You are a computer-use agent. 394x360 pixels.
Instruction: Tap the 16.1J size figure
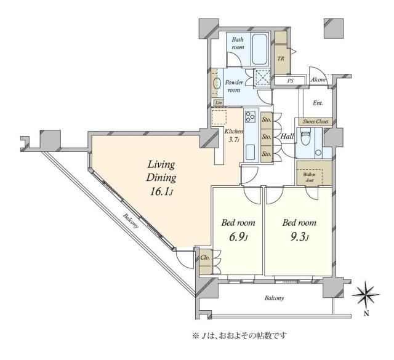click(162, 191)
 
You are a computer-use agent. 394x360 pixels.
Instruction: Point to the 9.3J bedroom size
click(299, 236)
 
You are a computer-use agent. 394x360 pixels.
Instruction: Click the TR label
click(281, 60)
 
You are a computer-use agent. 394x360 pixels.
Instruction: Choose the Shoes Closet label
click(315, 122)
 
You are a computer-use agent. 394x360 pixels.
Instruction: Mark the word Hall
click(285, 137)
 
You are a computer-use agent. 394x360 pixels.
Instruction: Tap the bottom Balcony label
click(275, 298)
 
